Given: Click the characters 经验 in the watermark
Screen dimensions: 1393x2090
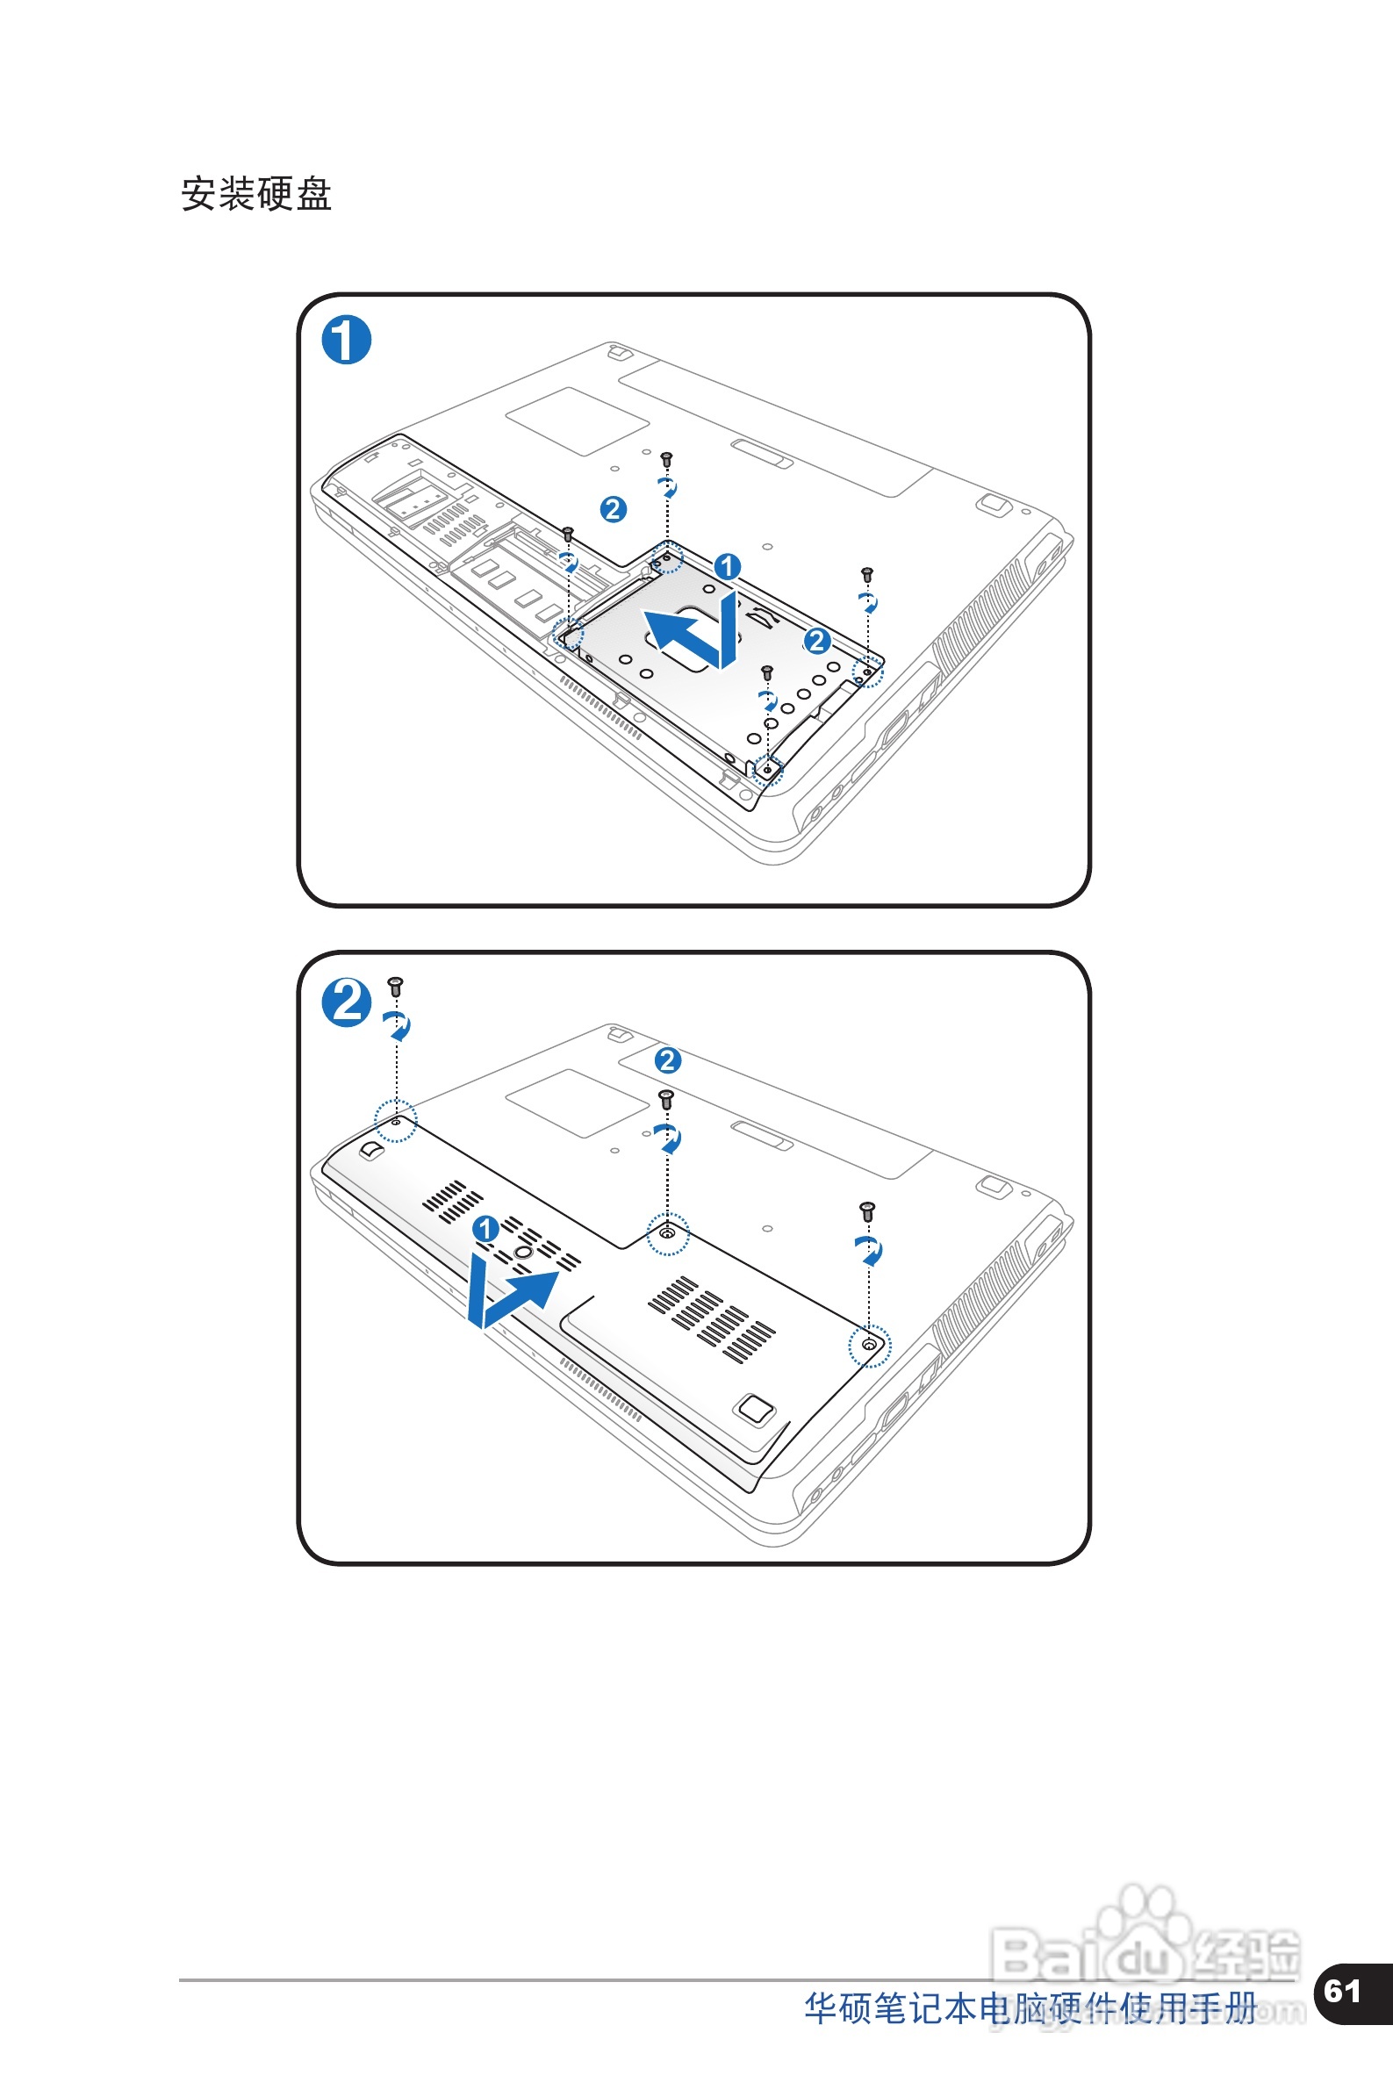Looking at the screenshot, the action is tap(1248, 1954).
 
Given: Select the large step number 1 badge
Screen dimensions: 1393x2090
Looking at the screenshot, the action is tap(346, 341).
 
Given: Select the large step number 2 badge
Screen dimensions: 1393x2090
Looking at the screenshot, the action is tap(346, 1002).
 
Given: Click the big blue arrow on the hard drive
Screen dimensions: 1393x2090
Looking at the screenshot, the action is tap(693, 631).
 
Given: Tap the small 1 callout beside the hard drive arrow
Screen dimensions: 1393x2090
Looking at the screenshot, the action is tap(727, 566).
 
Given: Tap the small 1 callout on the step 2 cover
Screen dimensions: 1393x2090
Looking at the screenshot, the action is tap(485, 1229).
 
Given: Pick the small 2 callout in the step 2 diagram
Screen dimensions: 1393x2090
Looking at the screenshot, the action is tap(667, 1059).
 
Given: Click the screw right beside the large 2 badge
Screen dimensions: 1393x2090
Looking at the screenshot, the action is tap(395, 986).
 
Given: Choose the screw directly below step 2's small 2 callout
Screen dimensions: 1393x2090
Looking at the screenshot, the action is tap(666, 1100).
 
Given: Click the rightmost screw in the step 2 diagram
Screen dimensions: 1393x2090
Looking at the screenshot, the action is tap(868, 1210).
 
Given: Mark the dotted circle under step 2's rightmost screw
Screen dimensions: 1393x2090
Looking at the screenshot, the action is tap(869, 1346).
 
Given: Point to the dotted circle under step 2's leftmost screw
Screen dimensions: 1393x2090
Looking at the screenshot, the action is tap(395, 1121).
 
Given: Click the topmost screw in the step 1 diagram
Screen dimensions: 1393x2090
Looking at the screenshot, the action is tap(666, 459).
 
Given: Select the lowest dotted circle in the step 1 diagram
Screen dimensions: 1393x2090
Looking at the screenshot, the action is tap(767, 769).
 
